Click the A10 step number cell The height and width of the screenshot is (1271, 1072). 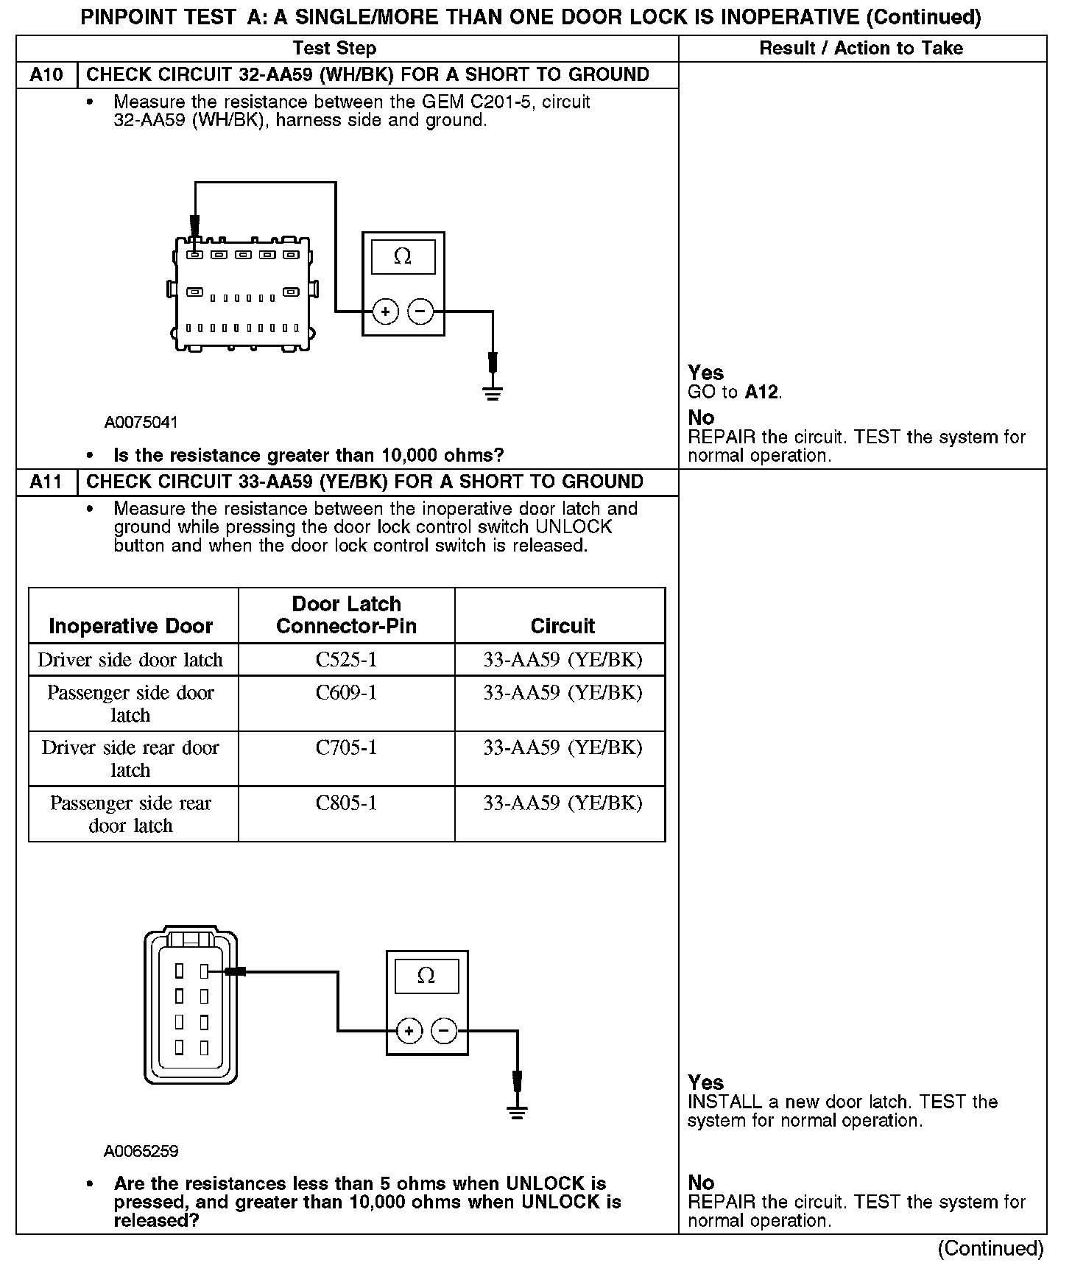[46, 75]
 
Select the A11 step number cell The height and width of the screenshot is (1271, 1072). [46, 482]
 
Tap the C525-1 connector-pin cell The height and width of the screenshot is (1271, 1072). [346, 660]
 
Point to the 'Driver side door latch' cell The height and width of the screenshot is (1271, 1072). [130, 660]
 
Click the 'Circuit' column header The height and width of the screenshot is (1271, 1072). [563, 626]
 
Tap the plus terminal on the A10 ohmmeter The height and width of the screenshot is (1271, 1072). [385, 311]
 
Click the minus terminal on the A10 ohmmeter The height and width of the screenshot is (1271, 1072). [420, 311]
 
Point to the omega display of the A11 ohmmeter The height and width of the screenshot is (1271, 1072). [426, 976]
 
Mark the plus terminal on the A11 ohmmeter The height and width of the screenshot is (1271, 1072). [409, 1031]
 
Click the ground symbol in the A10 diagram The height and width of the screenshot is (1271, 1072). [493, 392]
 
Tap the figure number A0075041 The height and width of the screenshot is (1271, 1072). [141, 423]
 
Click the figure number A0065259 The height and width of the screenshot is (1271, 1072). [141, 1151]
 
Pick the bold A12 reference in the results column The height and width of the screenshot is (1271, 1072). [761, 392]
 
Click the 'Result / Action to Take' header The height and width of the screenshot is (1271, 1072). [861, 49]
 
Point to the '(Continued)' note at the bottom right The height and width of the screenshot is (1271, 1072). [990, 1249]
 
